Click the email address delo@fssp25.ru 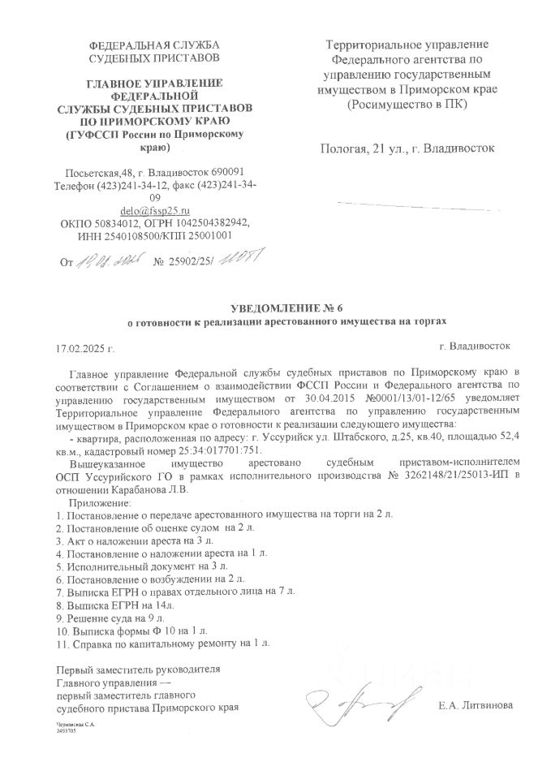click(x=153, y=209)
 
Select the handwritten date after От click(x=110, y=261)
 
